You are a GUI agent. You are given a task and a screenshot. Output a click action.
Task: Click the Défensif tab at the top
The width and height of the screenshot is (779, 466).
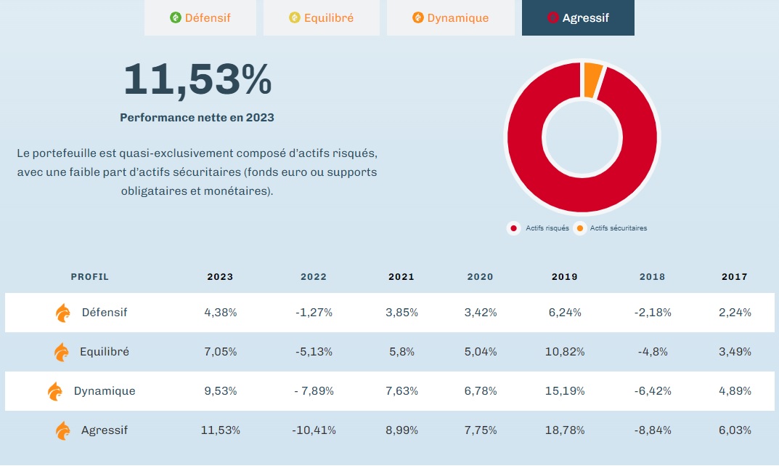click(x=200, y=17)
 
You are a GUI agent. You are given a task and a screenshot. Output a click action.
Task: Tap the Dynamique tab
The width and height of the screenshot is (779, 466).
click(x=450, y=17)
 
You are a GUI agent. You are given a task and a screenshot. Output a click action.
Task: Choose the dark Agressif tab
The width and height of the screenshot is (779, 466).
click(x=578, y=17)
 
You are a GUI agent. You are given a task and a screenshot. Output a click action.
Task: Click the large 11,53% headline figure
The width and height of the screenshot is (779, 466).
click(x=197, y=79)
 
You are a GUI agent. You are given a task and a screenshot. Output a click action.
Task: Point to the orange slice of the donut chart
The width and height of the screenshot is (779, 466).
click(x=592, y=79)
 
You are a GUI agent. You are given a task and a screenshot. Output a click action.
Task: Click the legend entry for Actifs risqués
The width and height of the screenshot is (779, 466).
click(x=540, y=228)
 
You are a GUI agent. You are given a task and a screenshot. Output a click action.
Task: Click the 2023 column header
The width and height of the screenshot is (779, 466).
click(x=220, y=277)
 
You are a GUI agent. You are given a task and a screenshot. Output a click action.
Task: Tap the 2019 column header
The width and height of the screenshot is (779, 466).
click(x=565, y=277)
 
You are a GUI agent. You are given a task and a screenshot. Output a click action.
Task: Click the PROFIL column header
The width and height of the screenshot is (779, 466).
click(x=90, y=277)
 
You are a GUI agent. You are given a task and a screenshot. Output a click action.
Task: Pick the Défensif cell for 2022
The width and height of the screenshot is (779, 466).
click(x=314, y=313)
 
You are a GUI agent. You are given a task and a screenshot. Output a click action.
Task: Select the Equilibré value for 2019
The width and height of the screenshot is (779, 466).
click(x=565, y=352)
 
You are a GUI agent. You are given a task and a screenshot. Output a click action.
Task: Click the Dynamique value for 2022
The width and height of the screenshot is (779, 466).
click(x=314, y=391)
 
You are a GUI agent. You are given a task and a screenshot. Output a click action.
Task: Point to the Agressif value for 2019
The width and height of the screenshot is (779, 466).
click(x=565, y=430)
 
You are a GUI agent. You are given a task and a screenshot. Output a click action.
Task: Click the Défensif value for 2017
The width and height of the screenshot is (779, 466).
click(x=735, y=313)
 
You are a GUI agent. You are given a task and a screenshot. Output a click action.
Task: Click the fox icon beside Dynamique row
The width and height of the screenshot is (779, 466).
click(x=55, y=391)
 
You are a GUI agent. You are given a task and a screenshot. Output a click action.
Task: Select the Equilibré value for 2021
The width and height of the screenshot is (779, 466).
click(x=401, y=352)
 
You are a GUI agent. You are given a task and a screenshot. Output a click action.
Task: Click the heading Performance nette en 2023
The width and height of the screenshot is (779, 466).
click(x=197, y=117)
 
